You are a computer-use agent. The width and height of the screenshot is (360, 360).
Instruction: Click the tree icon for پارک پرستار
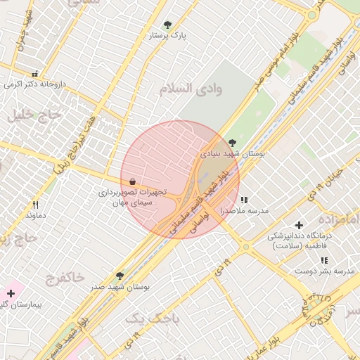tap(167, 25)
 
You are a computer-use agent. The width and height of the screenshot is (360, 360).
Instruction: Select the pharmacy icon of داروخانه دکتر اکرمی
tap(34, 74)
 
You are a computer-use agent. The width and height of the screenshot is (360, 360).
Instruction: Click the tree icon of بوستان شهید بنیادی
tap(233, 143)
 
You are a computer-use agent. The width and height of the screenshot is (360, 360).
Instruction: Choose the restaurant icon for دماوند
tap(35, 205)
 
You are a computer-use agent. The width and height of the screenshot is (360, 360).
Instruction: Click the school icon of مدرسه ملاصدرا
tap(244, 200)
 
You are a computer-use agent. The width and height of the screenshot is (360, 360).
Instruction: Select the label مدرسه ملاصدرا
tap(244, 210)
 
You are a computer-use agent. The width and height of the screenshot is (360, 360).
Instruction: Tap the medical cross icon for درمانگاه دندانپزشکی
tap(300, 225)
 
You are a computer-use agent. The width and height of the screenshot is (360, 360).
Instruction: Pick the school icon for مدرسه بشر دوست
tap(324, 260)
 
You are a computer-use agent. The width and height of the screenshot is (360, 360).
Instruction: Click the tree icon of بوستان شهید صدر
tap(120, 276)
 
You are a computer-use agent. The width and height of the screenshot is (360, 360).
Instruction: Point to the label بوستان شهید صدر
tap(121, 287)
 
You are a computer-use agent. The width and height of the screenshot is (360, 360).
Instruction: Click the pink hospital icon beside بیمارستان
tap(11, 292)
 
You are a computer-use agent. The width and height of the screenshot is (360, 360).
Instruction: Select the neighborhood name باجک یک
tap(153, 319)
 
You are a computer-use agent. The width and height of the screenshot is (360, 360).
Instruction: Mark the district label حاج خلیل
tap(30, 117)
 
